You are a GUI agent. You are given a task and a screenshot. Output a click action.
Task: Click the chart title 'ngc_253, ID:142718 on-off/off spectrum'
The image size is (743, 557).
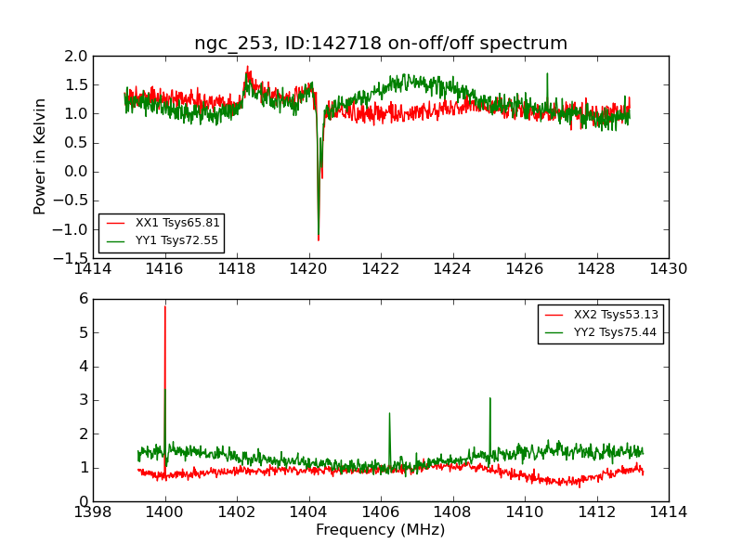coord(381,44)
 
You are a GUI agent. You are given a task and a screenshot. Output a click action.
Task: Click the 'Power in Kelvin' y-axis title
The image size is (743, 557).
coord(40,156)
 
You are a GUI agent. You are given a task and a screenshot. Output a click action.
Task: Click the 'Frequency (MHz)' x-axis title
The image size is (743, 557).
coord(381,530)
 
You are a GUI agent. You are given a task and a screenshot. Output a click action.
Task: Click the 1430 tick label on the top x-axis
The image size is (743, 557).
coord(668,268)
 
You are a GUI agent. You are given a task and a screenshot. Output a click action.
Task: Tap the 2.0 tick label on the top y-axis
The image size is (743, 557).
coord(76,56)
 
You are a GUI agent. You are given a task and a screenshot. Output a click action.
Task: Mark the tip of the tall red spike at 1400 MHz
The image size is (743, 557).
coord(165,306)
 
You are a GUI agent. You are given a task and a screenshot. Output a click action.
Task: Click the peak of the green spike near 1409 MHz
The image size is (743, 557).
coord(489,398)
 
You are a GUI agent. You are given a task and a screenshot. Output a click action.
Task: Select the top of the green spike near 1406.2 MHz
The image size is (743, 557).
coord(389,413)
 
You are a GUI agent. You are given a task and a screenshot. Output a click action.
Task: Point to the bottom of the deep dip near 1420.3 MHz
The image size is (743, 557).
coord(319,240)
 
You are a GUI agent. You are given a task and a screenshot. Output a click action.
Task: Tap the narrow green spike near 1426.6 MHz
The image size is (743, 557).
coord(547,74)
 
